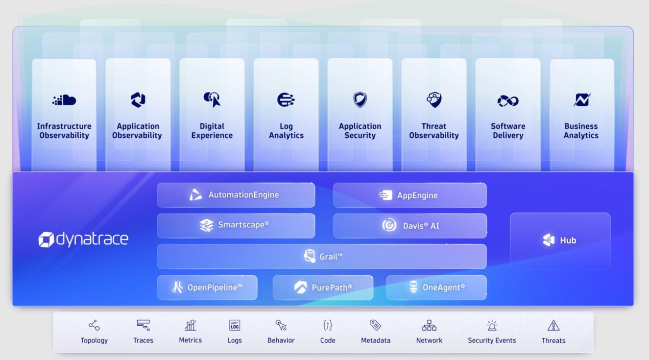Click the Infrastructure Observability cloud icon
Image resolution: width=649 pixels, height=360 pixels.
coord(64,100)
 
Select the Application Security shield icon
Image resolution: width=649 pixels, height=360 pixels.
coord(360,100)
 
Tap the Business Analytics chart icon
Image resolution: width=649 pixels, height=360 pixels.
coord(582,100)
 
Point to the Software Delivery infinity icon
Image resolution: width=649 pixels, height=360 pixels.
coord(508,101)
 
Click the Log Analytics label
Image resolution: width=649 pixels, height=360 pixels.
coord(286,131)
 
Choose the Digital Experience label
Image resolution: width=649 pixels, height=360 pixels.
coord(212,131)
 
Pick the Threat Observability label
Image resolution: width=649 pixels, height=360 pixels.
coord(434,131)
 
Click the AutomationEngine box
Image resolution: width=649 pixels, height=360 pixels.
coord(236,195)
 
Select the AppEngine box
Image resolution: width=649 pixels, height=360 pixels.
coord(409,195)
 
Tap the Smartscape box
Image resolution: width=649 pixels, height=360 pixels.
coord(236,225)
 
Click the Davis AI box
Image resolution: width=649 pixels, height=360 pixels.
coord(409,226)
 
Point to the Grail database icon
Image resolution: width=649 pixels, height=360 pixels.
coord(310,256)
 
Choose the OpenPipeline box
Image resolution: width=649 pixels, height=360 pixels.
coord(207,288)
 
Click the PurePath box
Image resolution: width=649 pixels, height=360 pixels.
coord(323,288)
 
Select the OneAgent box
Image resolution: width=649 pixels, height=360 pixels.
coord(436,288)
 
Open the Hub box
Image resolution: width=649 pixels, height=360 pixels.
coord(560,240)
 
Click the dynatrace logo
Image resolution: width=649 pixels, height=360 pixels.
coord(83,240)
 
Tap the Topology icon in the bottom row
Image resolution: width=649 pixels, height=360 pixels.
coord(94,325)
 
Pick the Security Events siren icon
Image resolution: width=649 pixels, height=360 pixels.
coord(492,325)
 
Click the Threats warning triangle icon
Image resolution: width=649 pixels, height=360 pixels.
coord(553,325)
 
